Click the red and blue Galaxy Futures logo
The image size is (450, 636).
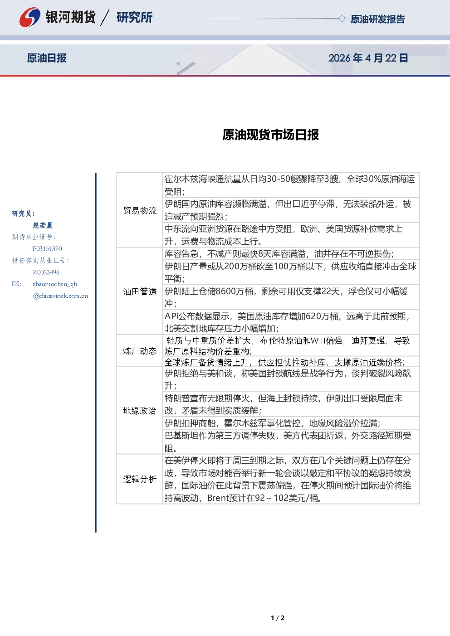tap(29, 17)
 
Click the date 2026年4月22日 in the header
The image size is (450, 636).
tap(368, 58)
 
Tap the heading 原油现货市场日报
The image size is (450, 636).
tap(270, 135)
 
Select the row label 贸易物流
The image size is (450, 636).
tap(140, 210)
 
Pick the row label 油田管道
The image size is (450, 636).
tap(140, 291)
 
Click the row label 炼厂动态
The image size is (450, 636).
tap(140, 351)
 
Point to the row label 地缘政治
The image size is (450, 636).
tap(140, 411)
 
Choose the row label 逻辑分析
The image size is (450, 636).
tap(140, 479)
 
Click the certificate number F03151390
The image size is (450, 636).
tap(47, 249)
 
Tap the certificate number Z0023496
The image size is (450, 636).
tap(46, 272)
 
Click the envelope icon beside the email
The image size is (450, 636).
tap(16, 284)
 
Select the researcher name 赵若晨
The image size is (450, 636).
tap(43, 225)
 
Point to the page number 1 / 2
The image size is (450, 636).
tap(278, 618)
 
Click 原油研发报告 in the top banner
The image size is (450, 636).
tap(377, 19)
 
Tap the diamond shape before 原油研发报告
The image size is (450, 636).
tap(342, 19)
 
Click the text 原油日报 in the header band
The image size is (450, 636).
tap(47, 58)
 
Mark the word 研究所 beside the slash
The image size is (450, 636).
tap(134, 17)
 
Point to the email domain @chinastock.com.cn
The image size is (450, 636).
tap(60, 296)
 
